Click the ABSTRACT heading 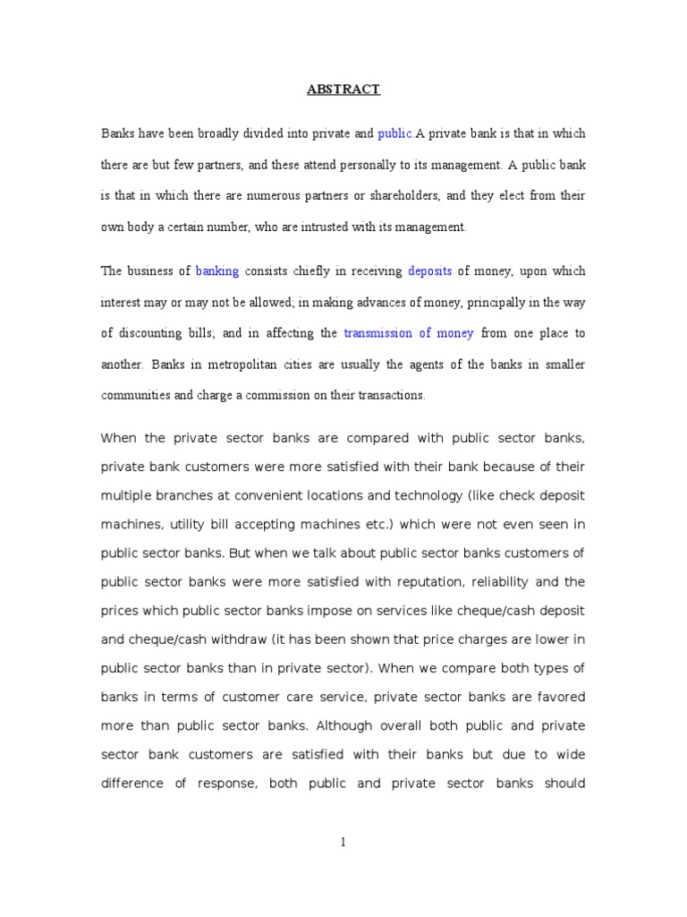(x=343, y=90)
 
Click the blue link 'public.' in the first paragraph (x=395, y=134)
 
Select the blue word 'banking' (x=217, y=271)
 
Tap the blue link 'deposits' (x=429, y=271)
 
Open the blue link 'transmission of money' (x=409, y=333)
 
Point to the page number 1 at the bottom (x=343, y=842)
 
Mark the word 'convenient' (x=269, y=495)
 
